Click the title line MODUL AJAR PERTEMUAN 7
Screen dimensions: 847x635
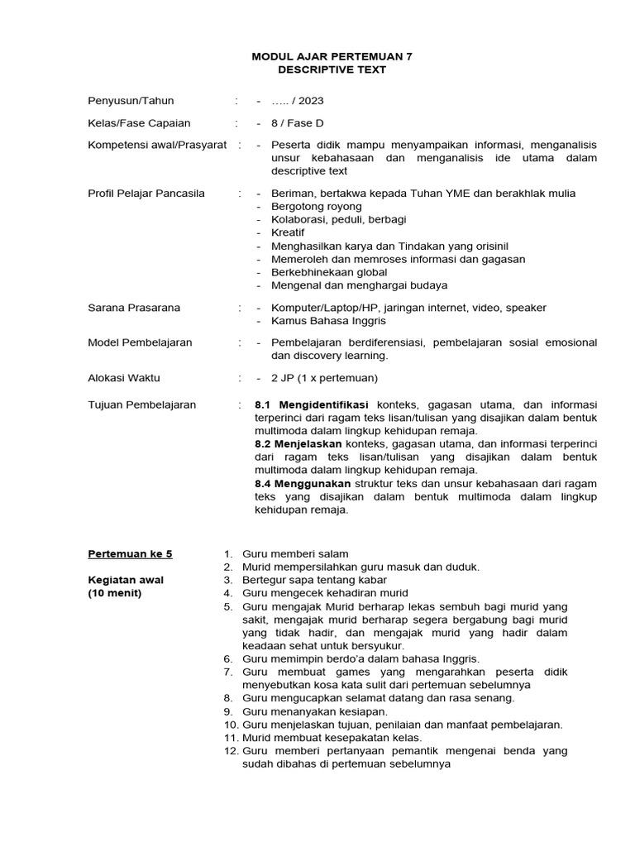332,56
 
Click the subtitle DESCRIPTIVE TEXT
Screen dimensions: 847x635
332,69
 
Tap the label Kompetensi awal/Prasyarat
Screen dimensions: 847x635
157,146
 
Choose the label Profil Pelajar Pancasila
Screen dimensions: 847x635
146,194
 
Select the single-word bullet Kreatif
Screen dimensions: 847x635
288,233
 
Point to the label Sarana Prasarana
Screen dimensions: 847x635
134,308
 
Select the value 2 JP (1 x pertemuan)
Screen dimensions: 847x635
324,378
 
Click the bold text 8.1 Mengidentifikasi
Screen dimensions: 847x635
313,405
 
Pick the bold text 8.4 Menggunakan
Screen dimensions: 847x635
303,483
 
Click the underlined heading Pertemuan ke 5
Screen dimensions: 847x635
131,554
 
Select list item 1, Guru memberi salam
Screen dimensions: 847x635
295,554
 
